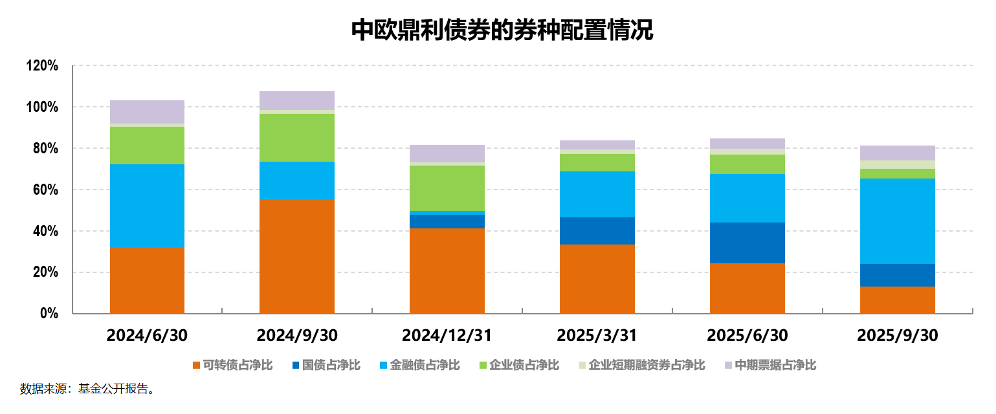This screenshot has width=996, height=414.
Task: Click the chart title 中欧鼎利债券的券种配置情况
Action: coord(502,30)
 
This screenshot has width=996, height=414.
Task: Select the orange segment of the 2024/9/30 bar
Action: coord(297,256)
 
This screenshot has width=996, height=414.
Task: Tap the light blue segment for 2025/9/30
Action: coord(897,221)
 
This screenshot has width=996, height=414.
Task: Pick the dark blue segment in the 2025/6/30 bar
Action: coord(747,243)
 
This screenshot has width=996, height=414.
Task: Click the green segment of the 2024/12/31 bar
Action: coord(447,188)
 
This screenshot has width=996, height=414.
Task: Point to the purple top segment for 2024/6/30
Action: coord(147,111)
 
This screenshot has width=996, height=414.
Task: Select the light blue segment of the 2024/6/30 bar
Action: coord(147,205)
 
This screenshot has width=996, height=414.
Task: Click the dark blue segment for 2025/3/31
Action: coord(597,230)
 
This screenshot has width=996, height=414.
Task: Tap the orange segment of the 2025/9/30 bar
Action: coord(897,300)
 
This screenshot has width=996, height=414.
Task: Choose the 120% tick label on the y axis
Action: coord(42,66)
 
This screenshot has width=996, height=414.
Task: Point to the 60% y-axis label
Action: coord(45,190)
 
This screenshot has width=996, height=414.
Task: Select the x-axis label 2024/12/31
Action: coord(447,336)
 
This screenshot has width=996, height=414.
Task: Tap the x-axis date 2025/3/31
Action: coord(597,336)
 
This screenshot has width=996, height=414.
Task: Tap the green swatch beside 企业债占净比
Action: coord(482,365)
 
